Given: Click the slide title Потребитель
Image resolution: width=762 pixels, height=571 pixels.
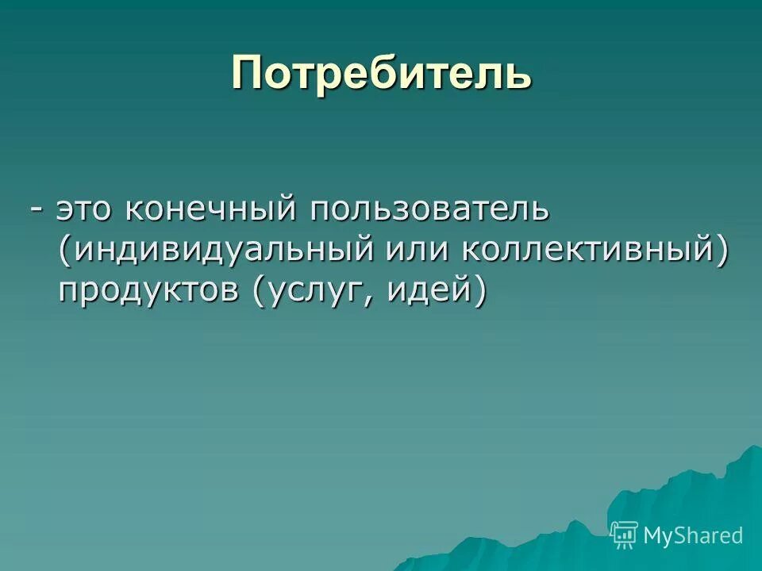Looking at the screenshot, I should (381, 73).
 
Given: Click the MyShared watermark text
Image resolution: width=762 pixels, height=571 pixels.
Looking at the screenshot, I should (693, 535).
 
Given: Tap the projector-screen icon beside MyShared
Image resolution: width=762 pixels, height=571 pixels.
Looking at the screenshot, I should (625, 535).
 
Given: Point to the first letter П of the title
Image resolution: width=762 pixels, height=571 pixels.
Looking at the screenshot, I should (247, 73).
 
